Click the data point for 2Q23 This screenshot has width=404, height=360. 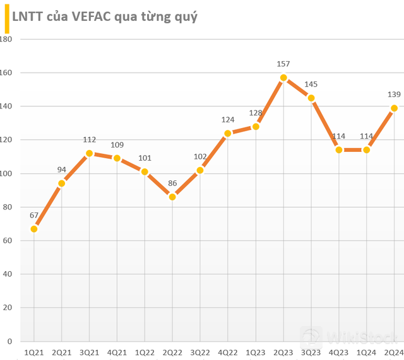click(x=283, y=78)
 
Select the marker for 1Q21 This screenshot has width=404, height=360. click(x=34, y=229)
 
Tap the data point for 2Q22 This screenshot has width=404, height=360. click(x=172, y=197)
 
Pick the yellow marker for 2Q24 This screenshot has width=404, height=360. click(x=394, y=108)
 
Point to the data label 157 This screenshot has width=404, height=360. click(x=283, y=64)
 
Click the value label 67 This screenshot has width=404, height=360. click(x=34, y=216)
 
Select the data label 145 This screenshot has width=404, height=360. click(x=311, y=84)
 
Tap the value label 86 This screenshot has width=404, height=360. click(x=172, y=183)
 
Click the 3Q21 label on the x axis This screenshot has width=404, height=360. click(x=89, y=352)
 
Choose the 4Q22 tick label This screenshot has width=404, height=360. click(x=228, y=352)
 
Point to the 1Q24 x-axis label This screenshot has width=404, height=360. click(x=366, y=352)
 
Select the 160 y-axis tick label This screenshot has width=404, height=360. click(x=6, y=73)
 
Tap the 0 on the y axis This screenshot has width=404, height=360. click(x=9, y=341)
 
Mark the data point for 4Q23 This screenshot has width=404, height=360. click(x=339, y=150)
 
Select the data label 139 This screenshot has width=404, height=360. click(x=394, y=95)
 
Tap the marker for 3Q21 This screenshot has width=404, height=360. click(x=89, y=153)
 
